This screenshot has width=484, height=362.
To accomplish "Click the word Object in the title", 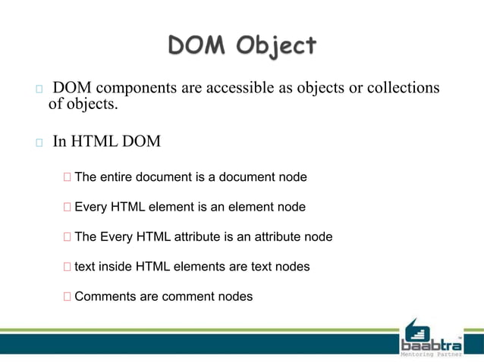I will tap(275, 47).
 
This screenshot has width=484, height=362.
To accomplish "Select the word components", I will tap(134, 89).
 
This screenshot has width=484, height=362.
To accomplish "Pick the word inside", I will tap(116, 267).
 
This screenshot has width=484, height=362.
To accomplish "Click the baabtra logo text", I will tap(430, 345).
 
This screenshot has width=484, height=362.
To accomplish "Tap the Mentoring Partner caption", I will tap(430, 354).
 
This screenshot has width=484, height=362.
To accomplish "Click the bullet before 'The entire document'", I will tap(68, 178).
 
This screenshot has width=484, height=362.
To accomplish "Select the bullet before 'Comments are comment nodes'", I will tap(68, 297).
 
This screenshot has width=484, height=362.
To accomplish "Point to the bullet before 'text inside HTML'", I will tap(68, 267).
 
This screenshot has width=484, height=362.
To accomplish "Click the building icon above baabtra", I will tap(416, 330).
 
